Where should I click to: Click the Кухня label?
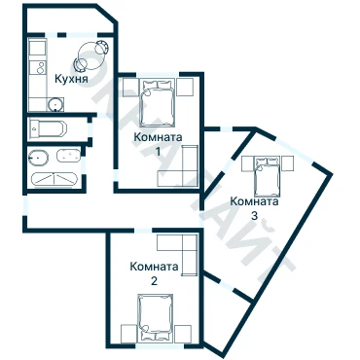(71, 79)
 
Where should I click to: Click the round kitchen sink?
(55, 104)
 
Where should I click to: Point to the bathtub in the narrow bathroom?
(48, 128)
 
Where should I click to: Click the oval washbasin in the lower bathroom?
(38, 159)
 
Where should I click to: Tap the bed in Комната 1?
(157, 103)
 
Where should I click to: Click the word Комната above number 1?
(158, 137)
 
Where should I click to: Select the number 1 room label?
(158, 151)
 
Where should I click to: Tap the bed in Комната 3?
(267, 176)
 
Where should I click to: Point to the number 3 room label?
(254, 215)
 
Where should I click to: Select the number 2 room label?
(154, 280)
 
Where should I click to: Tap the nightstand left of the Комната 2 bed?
(128, 334)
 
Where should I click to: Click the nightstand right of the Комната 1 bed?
(185, 87)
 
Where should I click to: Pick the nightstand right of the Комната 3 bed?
(287, 163)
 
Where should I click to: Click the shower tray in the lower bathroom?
(54, 179)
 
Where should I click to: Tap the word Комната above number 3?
(254, 201)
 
